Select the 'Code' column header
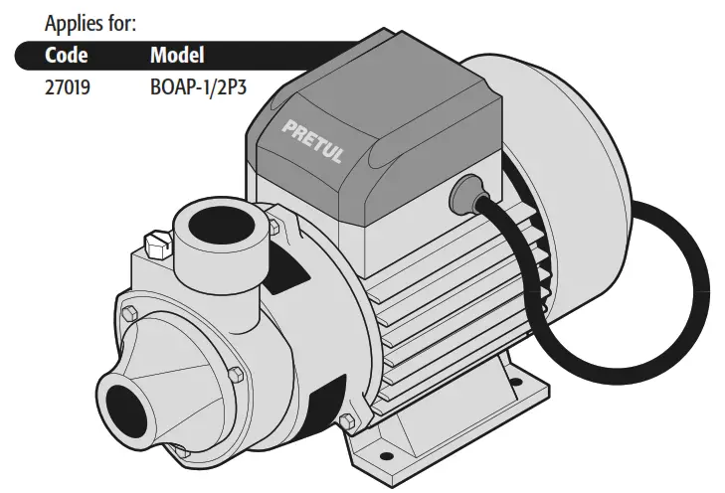[x=67, y=54]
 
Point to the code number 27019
[x=68, y=86]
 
